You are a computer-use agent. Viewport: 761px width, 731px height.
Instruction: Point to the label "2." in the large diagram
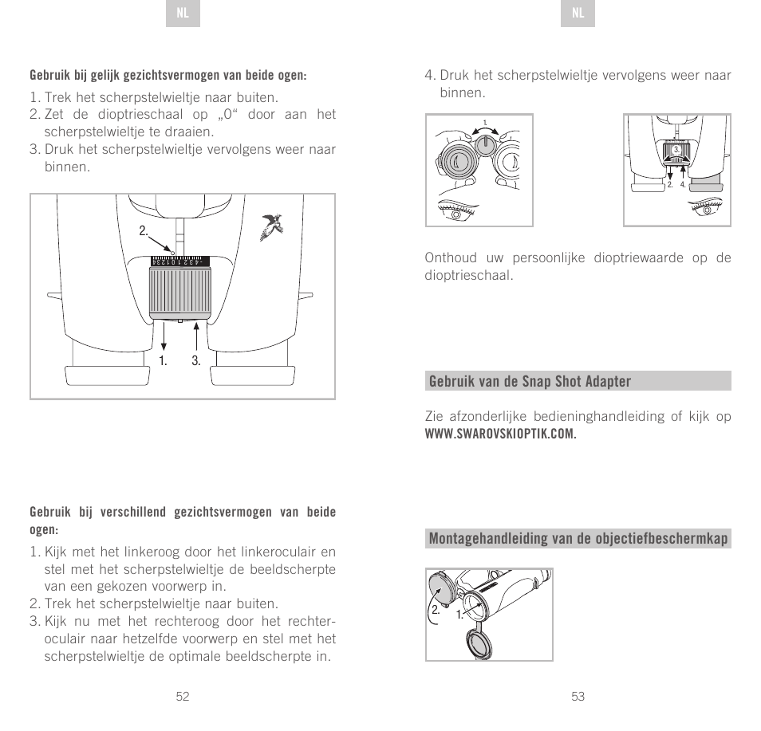(x=144, y=231)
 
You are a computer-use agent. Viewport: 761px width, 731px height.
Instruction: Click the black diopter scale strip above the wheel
(x=179, y=261)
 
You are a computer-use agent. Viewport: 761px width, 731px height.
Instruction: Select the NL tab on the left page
(x=183, y=14)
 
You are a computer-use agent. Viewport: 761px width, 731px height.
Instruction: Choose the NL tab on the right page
(x=578, y=14)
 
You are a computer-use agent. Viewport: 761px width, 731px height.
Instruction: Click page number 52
(x=183, y=696)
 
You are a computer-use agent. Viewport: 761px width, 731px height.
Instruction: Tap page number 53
(x=578, y=696)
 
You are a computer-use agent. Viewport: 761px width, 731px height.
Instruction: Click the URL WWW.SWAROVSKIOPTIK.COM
(x=500, y=434)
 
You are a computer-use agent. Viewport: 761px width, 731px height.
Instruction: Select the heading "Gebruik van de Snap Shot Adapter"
(x=530, y=381)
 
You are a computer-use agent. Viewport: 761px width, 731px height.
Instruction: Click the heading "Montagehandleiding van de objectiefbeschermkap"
(x=578, y=539)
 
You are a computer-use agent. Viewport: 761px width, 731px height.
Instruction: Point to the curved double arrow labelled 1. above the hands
(x=486, y=128)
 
